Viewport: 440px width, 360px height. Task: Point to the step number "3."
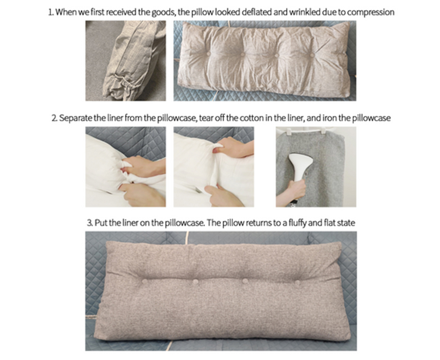(x=90, y=223)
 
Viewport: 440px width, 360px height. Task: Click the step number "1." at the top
(x=51, y=12)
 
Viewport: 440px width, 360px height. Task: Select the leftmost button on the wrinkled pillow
(x=208, y=53)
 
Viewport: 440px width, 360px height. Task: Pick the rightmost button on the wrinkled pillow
(x=312, y=54)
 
